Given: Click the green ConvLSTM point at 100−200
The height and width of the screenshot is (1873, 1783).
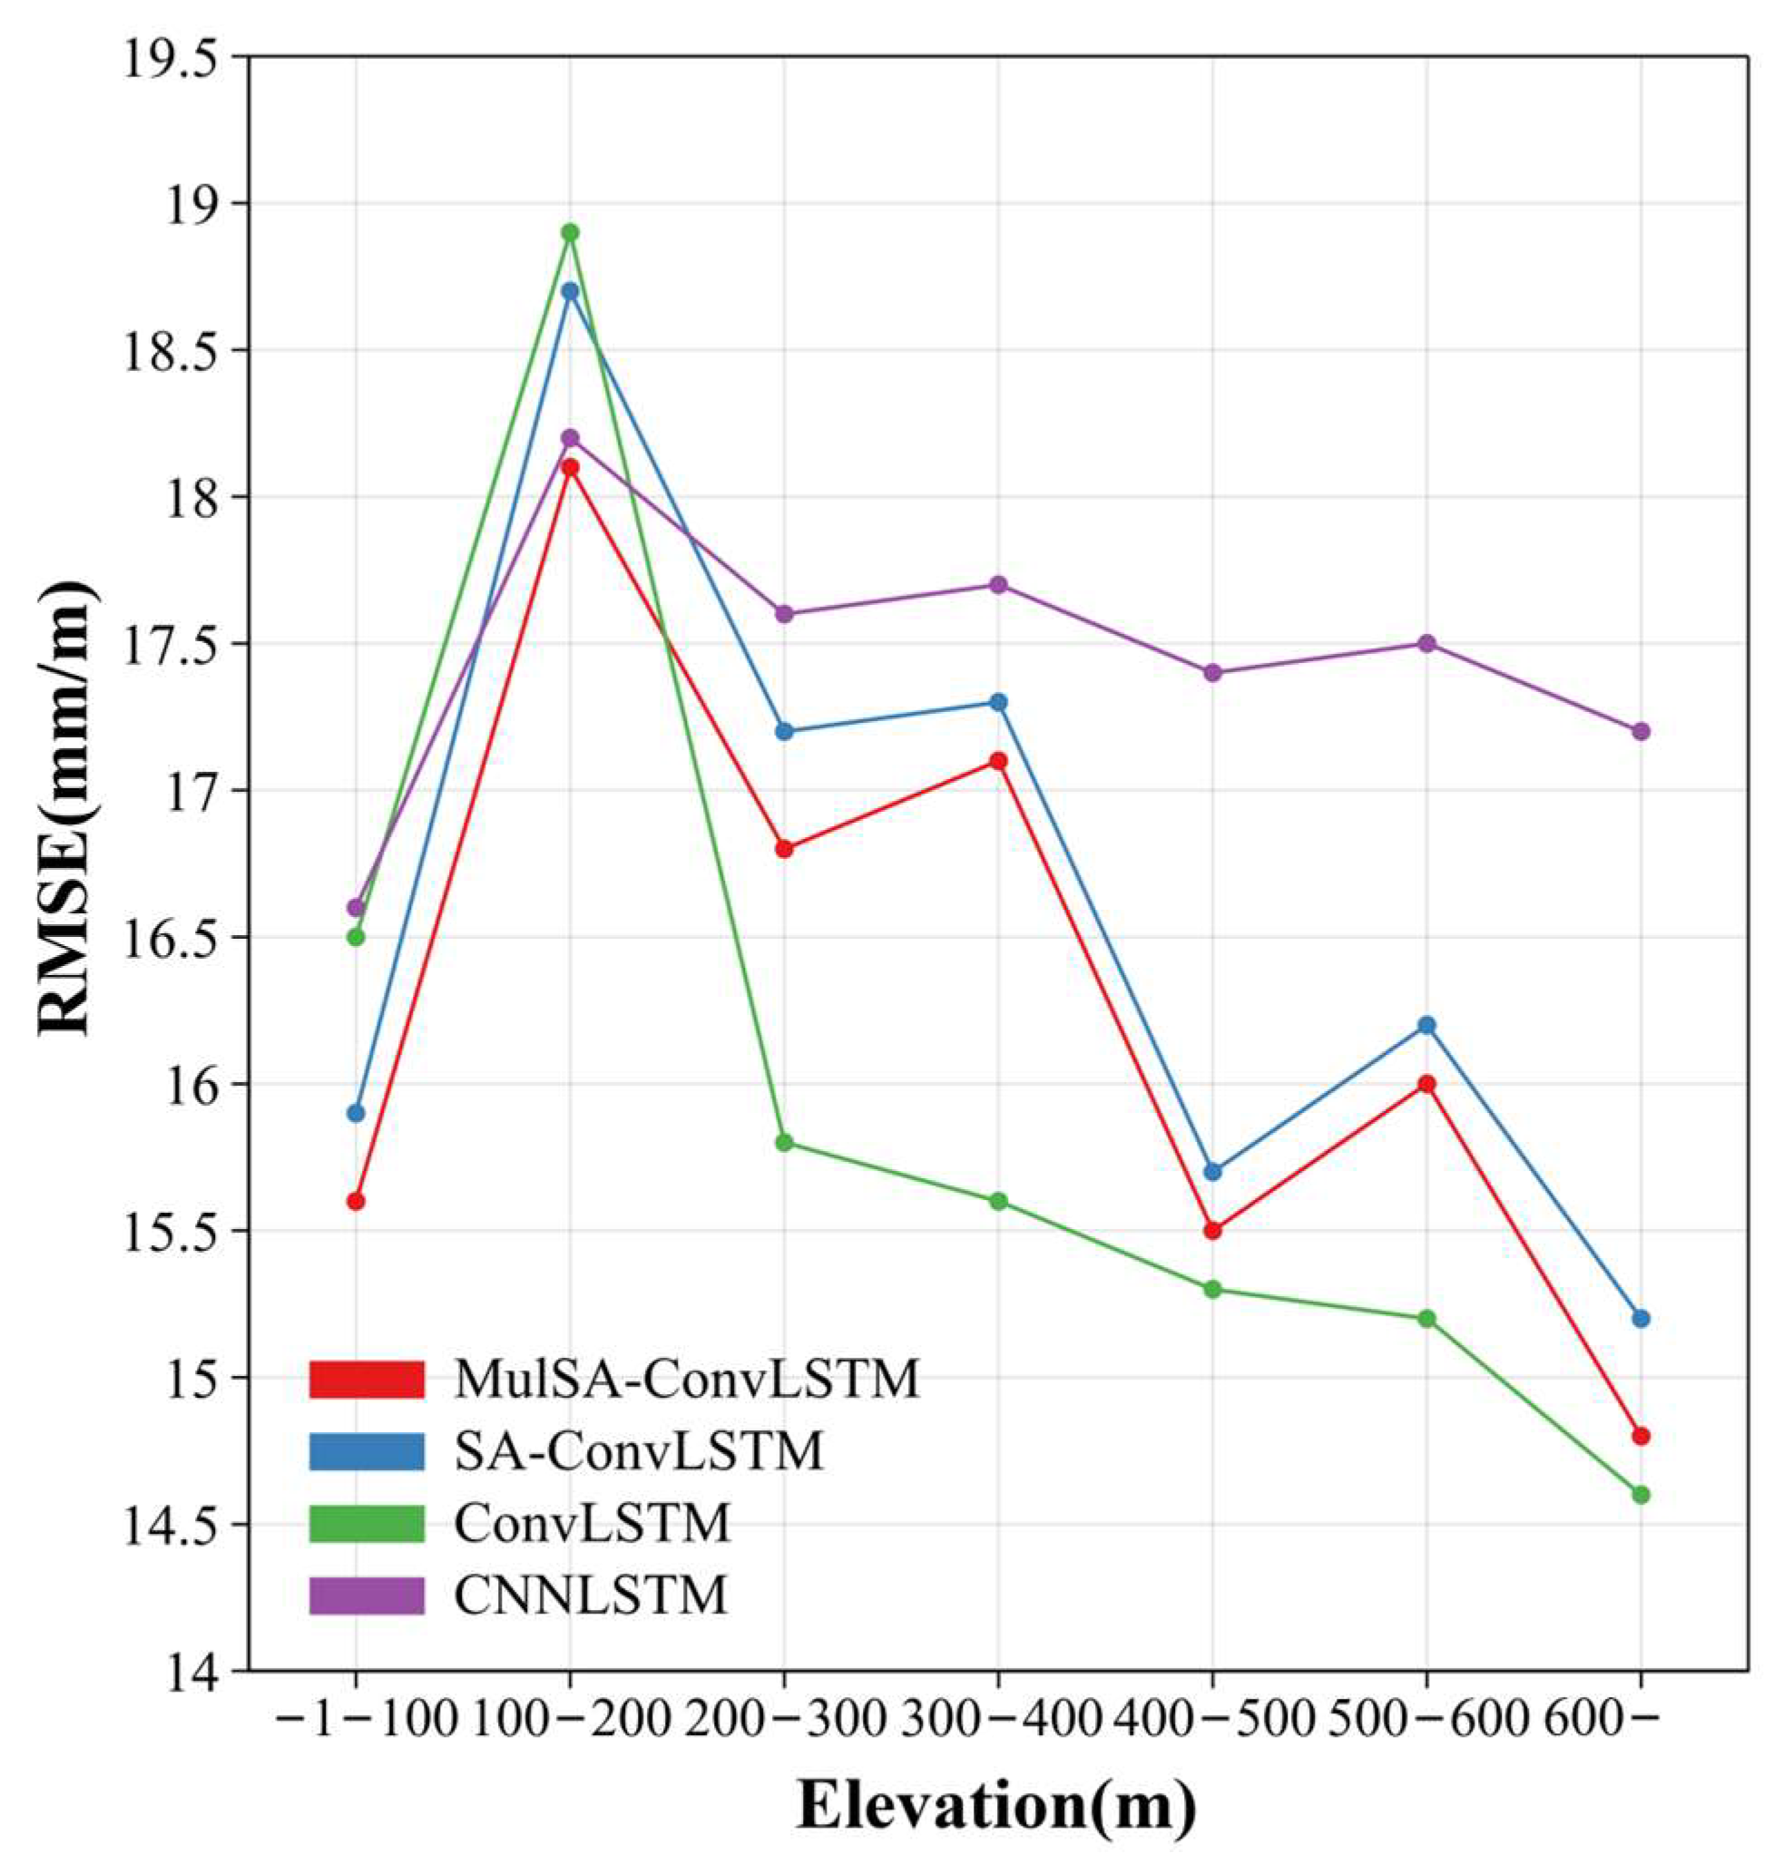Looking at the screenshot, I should click(x=569, y=232).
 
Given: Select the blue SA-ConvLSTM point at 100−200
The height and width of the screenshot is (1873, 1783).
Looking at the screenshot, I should click(x=569, y=291).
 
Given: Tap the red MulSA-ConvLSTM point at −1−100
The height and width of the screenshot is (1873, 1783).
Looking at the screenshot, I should click(x=356, y=1201).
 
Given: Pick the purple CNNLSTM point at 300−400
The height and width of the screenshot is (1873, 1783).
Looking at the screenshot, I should click(x=998, y=584).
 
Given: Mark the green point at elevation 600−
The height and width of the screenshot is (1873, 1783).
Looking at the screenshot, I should click(x=1641, y=1495).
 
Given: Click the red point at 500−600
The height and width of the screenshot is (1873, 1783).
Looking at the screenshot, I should click(x=1425, y=1083).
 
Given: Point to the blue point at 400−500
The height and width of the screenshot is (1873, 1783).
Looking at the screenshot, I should click(x=1211, y=1172).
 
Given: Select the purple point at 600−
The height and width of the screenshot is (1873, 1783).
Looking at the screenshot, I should click(x=1641, y=731).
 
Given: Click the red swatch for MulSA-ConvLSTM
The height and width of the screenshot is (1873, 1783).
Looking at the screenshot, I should click(x=367, y=1380).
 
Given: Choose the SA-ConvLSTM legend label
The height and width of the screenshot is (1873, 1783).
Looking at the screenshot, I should click(x=639, y=1452).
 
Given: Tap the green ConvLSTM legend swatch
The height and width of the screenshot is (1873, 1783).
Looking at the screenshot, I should click(x=367, y=1524).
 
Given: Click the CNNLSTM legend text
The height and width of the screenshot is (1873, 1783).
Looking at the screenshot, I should click(x=590, y=1596).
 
